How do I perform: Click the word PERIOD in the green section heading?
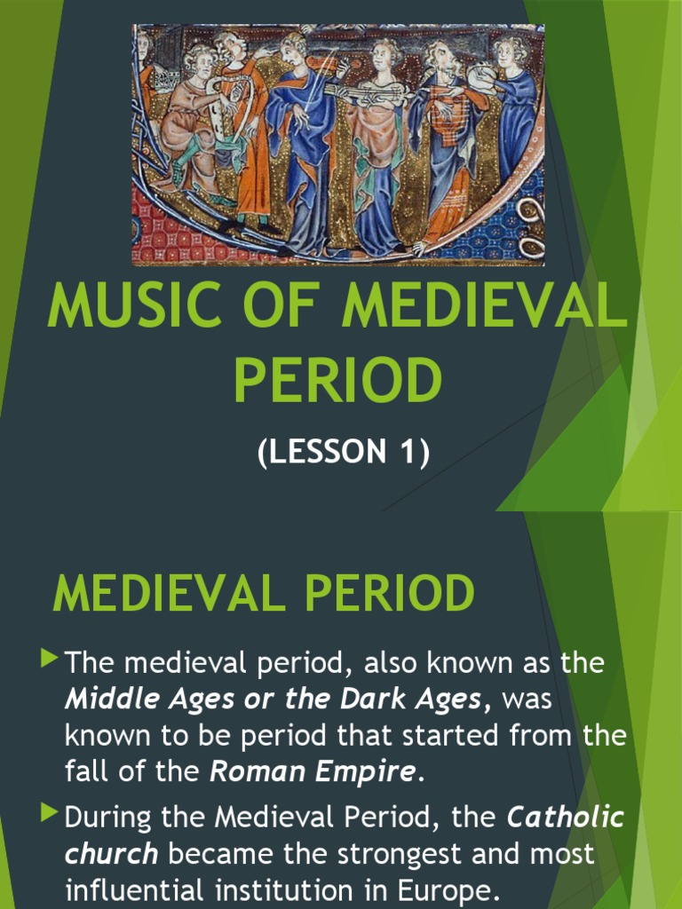(386, 594)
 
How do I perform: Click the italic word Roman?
(249, 771)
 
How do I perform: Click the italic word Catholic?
(565, 818)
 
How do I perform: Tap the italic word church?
(111, 855)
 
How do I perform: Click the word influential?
(143, 889)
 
